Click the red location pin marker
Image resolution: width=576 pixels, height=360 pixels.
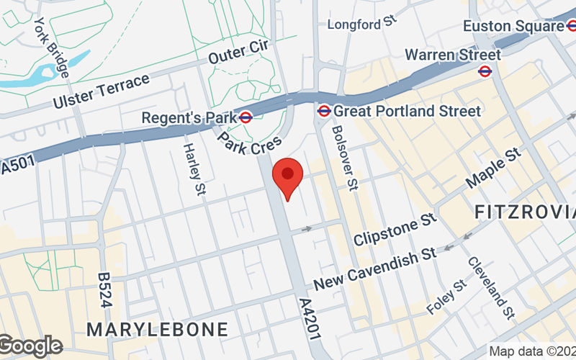pos(288,178)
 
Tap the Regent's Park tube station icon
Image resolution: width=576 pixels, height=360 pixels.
pos(246,117)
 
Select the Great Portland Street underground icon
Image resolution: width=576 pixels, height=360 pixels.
pos(324,111)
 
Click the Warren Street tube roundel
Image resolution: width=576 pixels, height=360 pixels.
pos(485,71)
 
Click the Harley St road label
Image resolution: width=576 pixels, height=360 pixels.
pos(192,168)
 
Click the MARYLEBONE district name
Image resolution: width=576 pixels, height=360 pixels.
pos(157,330)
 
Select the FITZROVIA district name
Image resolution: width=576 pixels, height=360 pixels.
pos(525,212)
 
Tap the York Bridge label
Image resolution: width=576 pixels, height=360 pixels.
pos(52,48)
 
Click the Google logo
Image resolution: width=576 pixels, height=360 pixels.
pos(31,346)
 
